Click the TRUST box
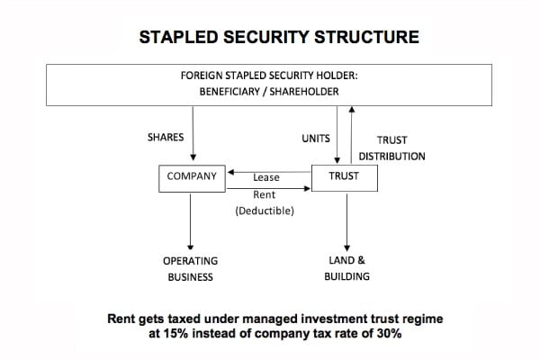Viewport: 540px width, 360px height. pos(344,176)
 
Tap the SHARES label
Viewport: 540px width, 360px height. pos(166,138)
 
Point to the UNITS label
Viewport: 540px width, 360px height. pos(316,138)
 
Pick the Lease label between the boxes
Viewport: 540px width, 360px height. pos(266,177)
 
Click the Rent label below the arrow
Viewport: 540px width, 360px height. pos(266,193)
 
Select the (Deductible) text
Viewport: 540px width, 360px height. pos(266,211)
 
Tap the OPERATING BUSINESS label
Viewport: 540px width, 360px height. pos(191,268)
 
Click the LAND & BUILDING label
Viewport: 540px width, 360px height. pos(346,268)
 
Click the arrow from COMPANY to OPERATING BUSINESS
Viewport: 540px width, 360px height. pos(191,220)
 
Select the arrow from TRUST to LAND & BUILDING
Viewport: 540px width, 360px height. pos(346,220)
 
